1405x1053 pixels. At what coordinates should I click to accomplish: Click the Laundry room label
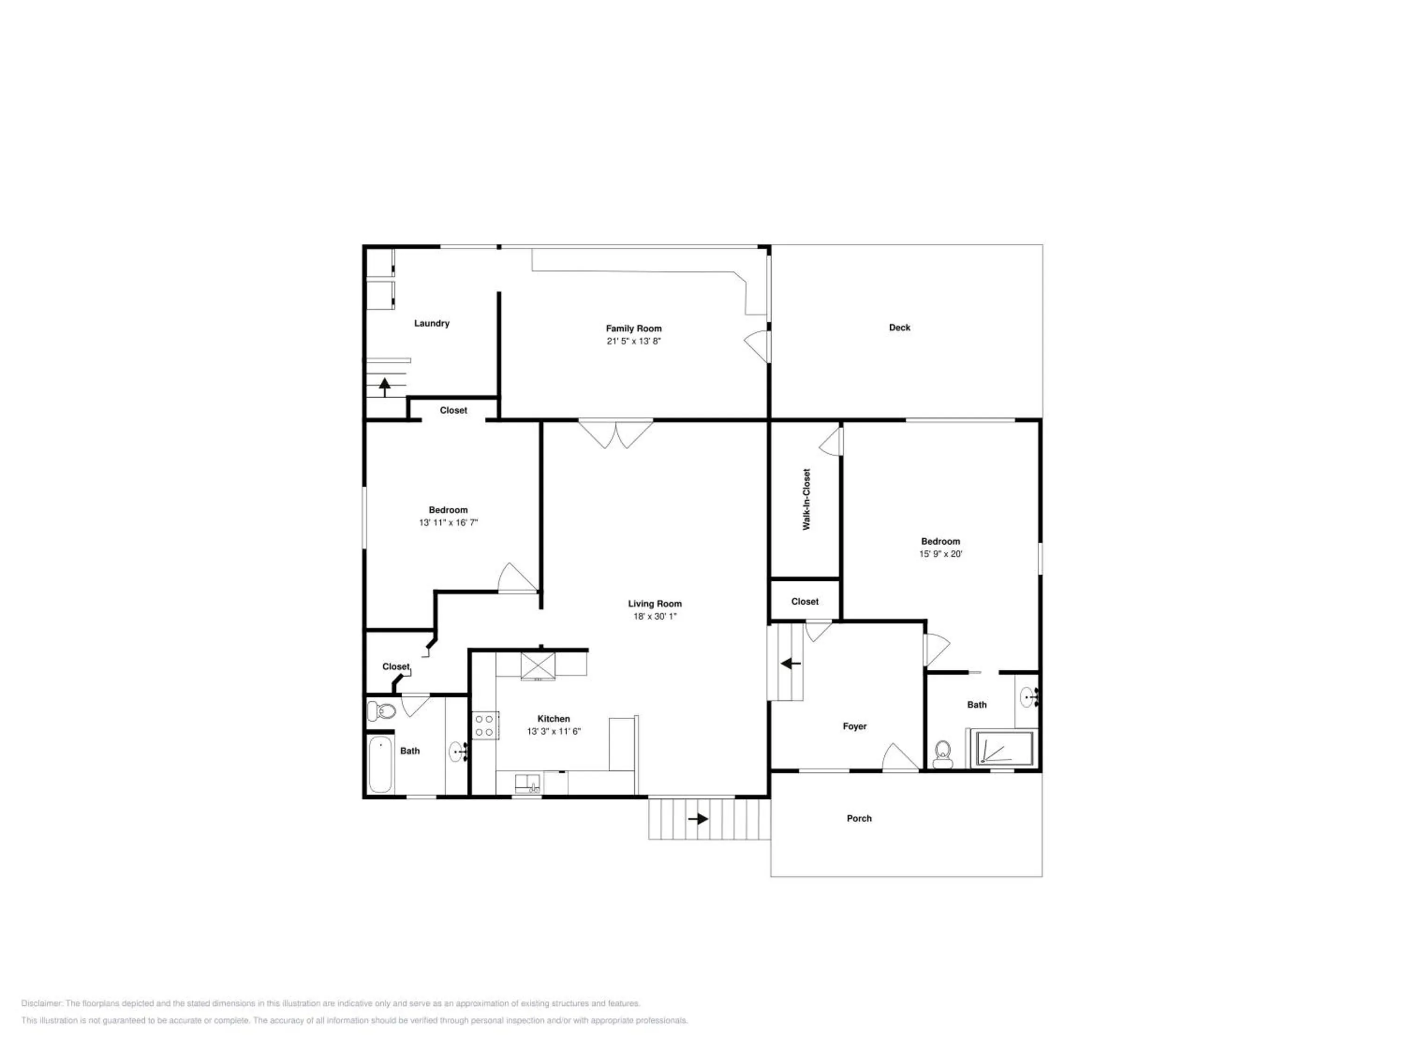coord(431,323)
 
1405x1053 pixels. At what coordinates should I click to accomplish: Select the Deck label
coord(899,328)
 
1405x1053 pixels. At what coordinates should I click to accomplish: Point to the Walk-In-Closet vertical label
coord(806,499)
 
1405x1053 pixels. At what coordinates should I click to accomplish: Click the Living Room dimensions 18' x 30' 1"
coord(654,616)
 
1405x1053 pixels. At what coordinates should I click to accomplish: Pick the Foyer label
coord(854,726)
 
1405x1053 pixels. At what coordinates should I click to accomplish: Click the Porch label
coord(859,818)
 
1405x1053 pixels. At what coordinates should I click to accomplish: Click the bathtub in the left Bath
coord(380,764)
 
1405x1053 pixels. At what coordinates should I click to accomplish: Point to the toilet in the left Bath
coord(381,711)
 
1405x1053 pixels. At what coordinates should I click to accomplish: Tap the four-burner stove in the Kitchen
coord(485,725)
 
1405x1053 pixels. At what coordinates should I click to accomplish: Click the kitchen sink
coord(527,783)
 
